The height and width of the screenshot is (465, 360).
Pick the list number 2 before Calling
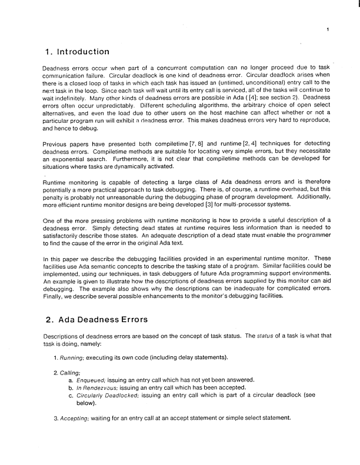pyautogui.click(x=55, y=373)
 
